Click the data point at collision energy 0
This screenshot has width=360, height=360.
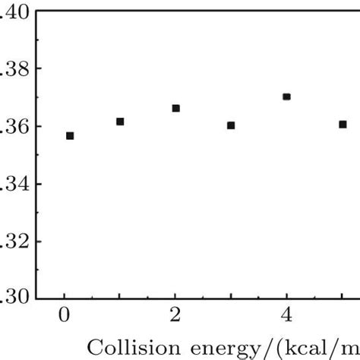point(70,136)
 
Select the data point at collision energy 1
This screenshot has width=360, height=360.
point(120,122)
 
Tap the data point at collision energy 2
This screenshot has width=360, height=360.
point(175,109)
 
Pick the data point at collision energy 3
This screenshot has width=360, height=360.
point(231,125)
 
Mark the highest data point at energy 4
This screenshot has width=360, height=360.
point(286,96)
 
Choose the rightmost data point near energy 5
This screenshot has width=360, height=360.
point(343,125)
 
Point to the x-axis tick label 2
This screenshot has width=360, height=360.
point(175,316)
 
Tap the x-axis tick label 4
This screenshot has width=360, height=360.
point(286,316)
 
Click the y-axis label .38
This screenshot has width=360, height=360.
point(14,69)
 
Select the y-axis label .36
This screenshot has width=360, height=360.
point(14,127)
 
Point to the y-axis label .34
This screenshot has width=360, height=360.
point(14,185)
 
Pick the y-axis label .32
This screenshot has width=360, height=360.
point(14,242)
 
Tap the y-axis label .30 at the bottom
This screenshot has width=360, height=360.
point(14,298)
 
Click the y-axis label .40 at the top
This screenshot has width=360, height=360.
point(14,12)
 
